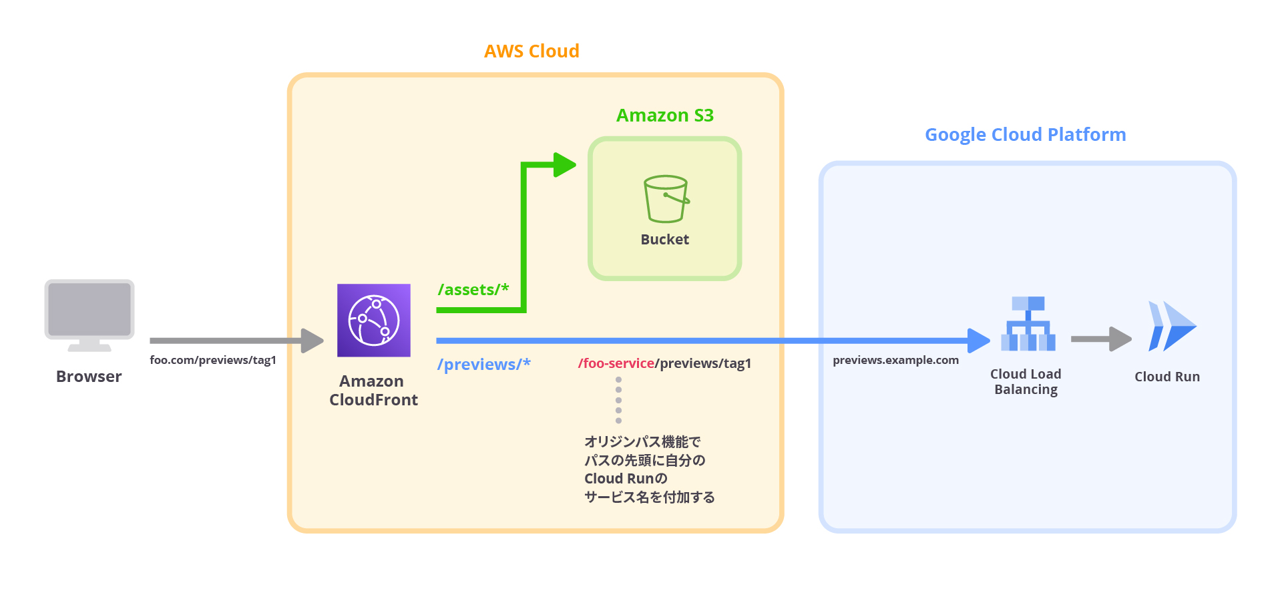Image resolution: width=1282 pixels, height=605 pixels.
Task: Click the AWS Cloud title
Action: (x=531, y=51)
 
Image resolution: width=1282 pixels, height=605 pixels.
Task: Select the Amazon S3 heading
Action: (x=664, y=116)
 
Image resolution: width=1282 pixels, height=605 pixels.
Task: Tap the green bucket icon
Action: (x=665, y=199)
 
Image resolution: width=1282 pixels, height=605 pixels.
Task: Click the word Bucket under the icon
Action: (x=664, y=240)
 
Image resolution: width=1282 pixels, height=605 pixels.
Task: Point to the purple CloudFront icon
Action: (x=373, y=321)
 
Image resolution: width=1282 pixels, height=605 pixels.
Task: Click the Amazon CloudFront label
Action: (x=373, y=391)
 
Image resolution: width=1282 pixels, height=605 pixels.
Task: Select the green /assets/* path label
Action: (x=473, y=290)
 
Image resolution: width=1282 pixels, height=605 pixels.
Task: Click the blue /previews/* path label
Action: (x=483, y=365)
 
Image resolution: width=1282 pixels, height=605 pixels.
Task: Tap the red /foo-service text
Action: (x=615, y=363)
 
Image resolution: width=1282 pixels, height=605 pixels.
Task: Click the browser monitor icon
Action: (x=89, y=314)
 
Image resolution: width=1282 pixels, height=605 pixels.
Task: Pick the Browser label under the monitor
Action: (x=89, y=377)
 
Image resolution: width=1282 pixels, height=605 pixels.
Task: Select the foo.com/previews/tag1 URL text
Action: (x=212, y=361)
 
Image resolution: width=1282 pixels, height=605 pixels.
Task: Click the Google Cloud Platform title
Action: (x=1025, y=135)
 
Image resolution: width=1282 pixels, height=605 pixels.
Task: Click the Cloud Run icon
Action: (x=1171, y=326)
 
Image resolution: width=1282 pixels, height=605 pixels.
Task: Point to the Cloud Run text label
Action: (x=1166, y=377)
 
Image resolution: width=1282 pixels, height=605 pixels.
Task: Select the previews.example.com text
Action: (x=895, y=361)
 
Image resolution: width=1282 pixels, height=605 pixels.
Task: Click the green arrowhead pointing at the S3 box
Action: (x=564, y=165)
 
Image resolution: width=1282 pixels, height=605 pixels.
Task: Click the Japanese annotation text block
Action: (x=648, y=469)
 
